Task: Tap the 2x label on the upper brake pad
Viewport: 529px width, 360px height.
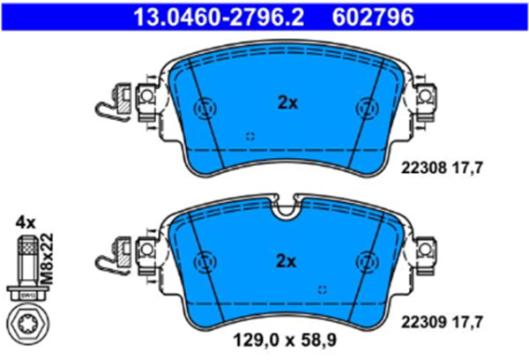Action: tap(287, 103)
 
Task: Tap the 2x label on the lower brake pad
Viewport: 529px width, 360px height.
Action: tap(287, 260)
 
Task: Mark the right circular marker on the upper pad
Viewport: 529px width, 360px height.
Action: tap(366, 109)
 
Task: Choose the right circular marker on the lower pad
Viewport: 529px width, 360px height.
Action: tap(366, 262)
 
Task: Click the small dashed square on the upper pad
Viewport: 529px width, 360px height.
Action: tap(250, 136)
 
